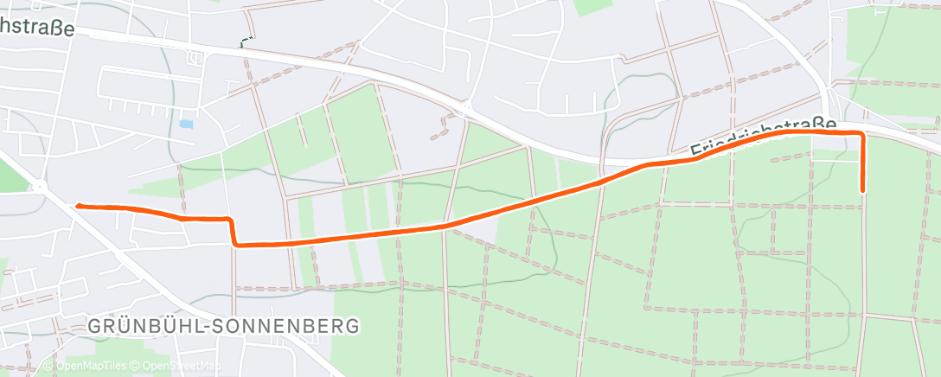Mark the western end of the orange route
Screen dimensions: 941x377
78,206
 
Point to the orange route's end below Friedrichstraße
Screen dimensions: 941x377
862,190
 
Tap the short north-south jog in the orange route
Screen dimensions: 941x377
232,232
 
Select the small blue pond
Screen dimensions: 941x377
186,125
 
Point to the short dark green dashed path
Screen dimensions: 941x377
247,42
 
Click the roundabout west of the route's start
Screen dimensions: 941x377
39,185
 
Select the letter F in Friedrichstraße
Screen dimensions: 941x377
696,152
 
